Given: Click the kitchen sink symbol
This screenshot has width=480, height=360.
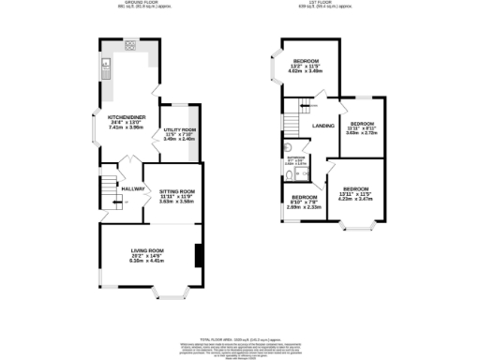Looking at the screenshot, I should tap(108, 65).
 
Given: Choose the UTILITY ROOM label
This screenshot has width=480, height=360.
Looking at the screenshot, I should tap(178, 133).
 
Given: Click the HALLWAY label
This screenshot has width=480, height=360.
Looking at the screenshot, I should tap(130, 188).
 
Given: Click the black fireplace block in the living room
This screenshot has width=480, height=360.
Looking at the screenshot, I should tap(197, 254).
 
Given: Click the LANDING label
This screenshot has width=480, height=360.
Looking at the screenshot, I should tap(323, 125).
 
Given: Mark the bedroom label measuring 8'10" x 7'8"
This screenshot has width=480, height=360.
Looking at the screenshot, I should tap(298, 203).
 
